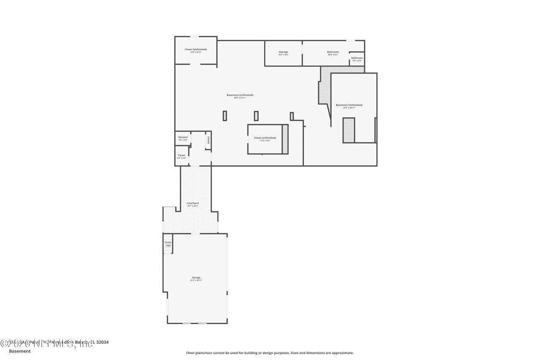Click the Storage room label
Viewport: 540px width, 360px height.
click(283, 52)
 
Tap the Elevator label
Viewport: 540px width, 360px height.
click(183, 137)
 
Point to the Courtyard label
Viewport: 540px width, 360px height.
click(193, 203)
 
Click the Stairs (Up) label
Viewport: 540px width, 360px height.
click(168, 244)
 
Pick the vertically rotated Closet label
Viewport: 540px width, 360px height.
click(208, 140)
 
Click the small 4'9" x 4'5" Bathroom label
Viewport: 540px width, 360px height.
click(357, 58)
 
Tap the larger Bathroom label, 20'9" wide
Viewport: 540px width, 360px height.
click(333, 52)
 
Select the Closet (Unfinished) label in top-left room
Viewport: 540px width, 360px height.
click(196, 49)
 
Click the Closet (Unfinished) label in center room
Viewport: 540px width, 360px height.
click(265, 138)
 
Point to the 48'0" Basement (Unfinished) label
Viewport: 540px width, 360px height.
click(240, 95)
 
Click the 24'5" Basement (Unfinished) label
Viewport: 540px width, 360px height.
click(349, 105)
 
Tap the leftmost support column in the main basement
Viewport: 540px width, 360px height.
click(225, 116)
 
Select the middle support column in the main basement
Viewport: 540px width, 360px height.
click(256, 116)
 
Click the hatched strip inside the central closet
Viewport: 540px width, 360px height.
click(285, 139)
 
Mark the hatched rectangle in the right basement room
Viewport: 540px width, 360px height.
click(348, 130)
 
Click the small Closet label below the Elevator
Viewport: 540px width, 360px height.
click(181, 155)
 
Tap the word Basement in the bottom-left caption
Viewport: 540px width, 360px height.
click(20, 351)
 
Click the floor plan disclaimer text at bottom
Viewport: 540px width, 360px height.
click(270, 353)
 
